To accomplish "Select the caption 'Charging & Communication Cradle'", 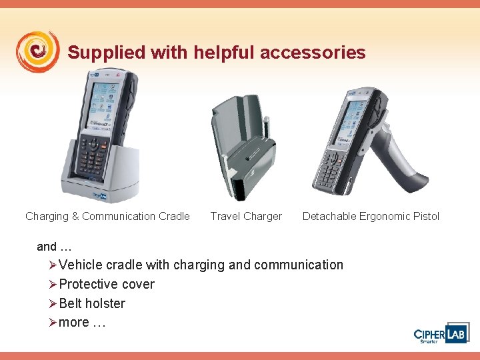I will click(107, 216).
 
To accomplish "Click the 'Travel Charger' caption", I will click(246, 216).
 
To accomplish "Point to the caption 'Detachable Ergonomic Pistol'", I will click(371, 216).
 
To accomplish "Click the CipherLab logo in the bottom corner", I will click(440, 335).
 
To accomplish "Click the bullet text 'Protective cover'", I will click(107, 284).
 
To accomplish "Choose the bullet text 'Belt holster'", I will click(92, 303).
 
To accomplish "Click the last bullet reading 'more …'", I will click(82, 323).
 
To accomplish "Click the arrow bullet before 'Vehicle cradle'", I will click(53, 265).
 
